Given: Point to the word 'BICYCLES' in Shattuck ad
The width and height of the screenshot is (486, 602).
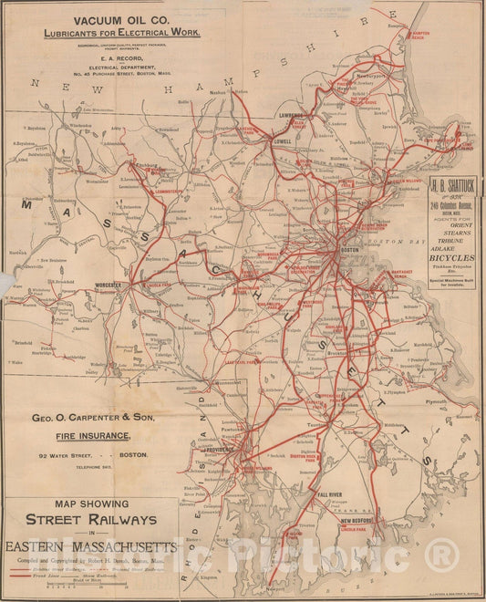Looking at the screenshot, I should pyautogui.click(x=451, y=259).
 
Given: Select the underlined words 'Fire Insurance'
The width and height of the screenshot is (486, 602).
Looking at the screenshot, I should pyautogui.click(x=110, y=436).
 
